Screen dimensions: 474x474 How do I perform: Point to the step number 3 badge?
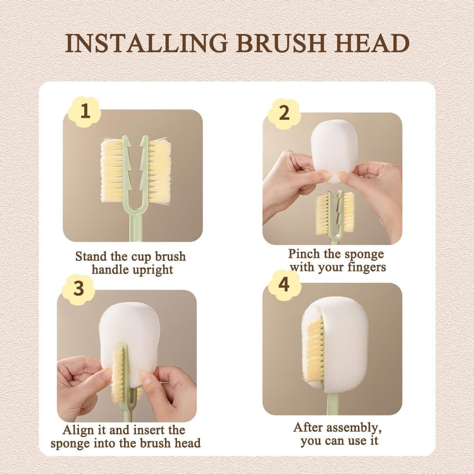(79, 288)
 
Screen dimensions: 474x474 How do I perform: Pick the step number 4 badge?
(284, 285)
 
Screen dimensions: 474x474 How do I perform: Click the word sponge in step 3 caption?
(71, 443)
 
